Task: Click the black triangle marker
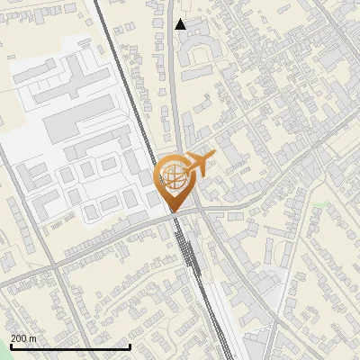(181, 24)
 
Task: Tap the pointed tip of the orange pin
(173, 211)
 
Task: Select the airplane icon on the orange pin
(197, 166)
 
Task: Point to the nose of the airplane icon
(213, 157)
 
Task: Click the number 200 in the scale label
(20, 338)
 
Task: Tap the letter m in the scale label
(33, 338)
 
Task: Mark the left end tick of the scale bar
(11, 346)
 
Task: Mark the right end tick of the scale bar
(130, 346)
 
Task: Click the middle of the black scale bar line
(70, 346)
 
